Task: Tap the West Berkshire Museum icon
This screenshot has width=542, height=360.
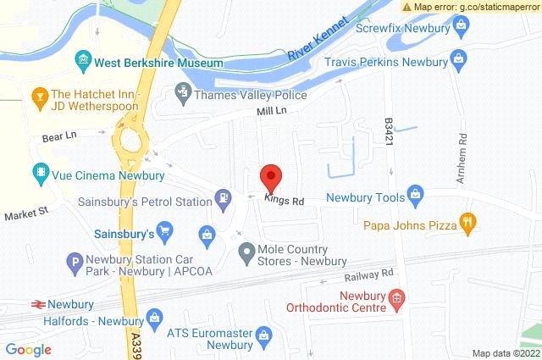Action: click(83, 59)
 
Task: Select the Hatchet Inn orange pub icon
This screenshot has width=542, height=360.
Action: click(39, 100)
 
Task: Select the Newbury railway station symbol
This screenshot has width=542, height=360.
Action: click(37, 303)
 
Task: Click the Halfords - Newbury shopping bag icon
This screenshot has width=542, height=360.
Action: click(154, 318)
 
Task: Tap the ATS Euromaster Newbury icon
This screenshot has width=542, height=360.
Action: click(265, 336)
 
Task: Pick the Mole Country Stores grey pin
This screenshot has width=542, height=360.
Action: click(246, 252)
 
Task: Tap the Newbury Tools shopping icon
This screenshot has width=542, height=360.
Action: click(415, 197)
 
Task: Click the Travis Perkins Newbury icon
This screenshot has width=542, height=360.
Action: click(458, 61)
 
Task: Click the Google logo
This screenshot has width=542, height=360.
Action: click(29, 349)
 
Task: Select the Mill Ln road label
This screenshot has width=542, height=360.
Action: click(273, 111)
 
